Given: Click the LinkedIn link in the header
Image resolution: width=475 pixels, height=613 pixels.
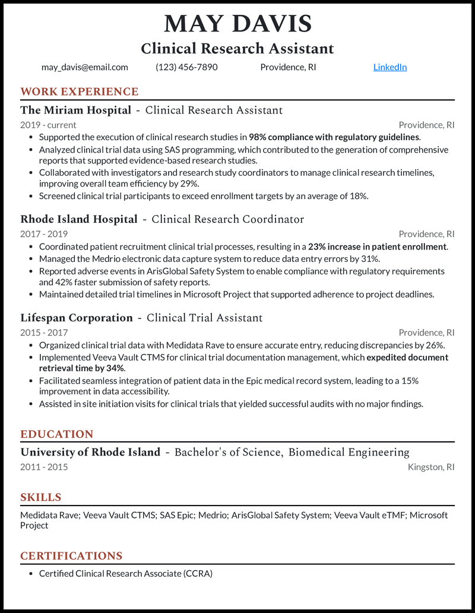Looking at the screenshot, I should pos(389,67).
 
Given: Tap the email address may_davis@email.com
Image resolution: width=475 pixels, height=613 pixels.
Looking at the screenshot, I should pos(84,67).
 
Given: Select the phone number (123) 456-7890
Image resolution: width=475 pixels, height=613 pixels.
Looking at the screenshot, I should pos(186,67).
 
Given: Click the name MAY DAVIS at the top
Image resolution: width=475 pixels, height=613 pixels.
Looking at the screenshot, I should pos(237,24).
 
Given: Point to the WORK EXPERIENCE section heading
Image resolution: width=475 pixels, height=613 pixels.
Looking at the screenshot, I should pos(79,91).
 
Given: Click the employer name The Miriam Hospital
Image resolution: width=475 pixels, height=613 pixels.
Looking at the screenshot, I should pos(75,110).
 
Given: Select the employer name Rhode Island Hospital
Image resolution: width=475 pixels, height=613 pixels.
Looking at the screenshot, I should pos(78,219).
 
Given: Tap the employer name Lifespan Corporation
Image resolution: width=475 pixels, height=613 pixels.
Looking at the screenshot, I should pos(76,318).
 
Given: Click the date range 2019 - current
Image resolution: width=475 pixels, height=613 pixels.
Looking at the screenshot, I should pos(48,125).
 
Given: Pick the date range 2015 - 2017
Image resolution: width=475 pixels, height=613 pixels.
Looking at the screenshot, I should pos(44,333).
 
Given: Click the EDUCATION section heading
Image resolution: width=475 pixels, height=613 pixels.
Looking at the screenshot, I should pos(56,434).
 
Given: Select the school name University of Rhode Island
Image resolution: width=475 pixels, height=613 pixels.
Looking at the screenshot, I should pos(90,452).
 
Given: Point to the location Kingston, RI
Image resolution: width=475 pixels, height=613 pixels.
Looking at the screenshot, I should pos(431,467).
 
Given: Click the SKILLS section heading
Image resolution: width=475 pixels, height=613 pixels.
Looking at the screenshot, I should pos(40,497).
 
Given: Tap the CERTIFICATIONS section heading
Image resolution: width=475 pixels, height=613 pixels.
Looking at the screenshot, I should pos(71,556).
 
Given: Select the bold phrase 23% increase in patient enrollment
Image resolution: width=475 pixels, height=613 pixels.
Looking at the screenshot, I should pos(377,247).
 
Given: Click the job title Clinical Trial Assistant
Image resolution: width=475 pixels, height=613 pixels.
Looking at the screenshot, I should pos(204,318).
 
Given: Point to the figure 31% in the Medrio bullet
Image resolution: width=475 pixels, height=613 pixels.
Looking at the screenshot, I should pos(370,258).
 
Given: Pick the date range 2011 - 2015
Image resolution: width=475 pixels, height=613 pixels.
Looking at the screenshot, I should pos(44,467).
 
